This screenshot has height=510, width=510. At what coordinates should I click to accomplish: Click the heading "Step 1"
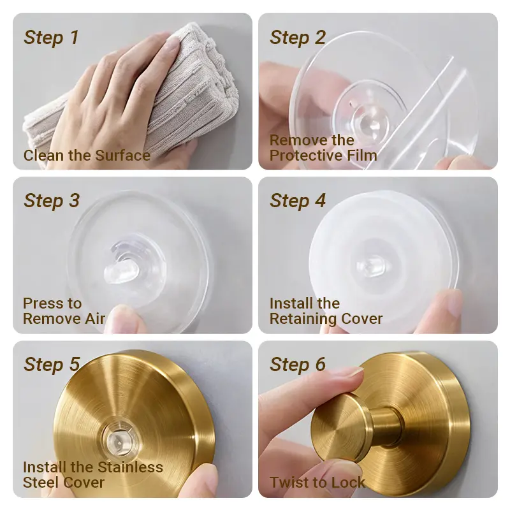(52, 38)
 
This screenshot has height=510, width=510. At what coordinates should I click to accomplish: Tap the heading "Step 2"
(298, 38)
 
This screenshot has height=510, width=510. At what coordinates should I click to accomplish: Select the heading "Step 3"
(52, 201)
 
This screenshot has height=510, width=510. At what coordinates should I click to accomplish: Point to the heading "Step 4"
(298, 201)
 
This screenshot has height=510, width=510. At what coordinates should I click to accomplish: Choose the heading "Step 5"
(52, 364)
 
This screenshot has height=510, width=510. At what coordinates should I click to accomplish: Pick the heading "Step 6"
(298, 364)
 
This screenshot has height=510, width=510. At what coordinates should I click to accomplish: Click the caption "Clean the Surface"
(87, 156)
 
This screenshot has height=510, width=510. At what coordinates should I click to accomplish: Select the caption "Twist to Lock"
(317, 482)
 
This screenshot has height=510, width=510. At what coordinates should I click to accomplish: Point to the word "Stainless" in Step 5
(130, 467)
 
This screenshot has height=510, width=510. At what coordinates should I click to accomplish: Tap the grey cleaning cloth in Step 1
(136, 94)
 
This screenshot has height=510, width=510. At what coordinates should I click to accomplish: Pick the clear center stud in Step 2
(371, 119)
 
